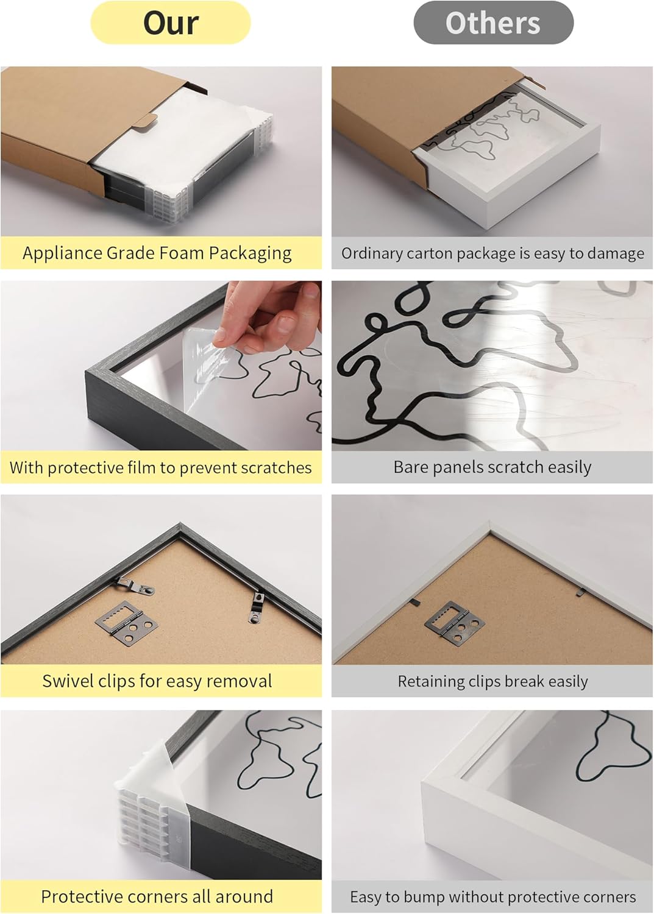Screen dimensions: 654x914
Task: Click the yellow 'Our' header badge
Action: click(170, 23)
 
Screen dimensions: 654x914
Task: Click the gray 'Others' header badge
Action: click(493, 23)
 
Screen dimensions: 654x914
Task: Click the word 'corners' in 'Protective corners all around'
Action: click(157, 896)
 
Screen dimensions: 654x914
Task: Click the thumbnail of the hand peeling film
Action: click(162, 366)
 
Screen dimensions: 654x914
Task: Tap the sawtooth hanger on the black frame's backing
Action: click(127, 623)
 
